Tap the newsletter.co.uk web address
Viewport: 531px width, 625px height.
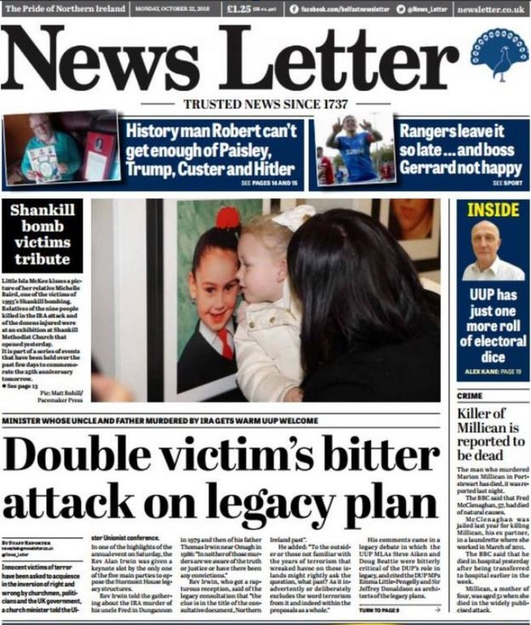[x=490, y=9]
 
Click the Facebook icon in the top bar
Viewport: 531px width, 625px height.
[x=294, y=9]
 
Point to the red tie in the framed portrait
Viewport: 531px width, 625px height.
[x=226, y=344]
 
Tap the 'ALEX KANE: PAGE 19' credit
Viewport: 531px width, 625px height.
[x=492, y=372]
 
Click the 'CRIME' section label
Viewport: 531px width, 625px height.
[x=470, y=395]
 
